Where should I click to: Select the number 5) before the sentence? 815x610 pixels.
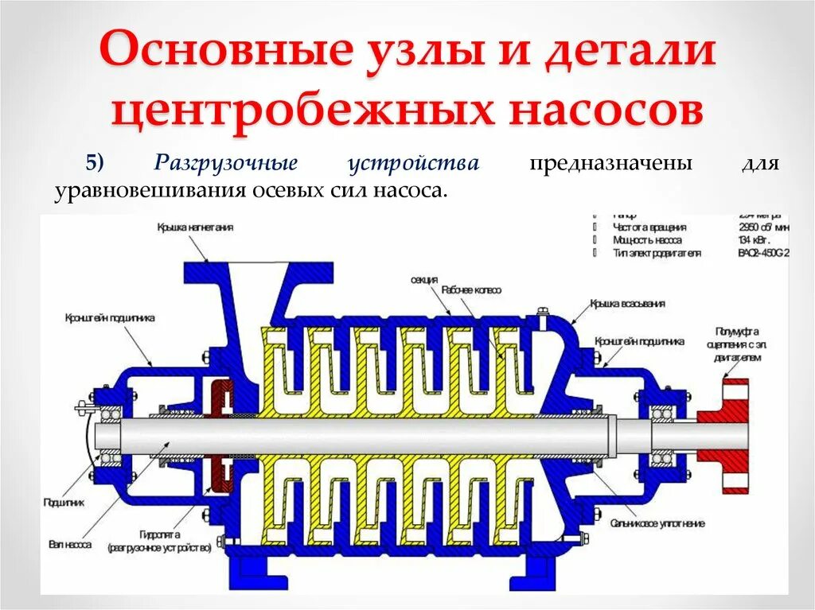tap(96, 164)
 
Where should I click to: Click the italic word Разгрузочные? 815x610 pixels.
tap(226, 164)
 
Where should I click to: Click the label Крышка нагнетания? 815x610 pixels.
tap(195, 227)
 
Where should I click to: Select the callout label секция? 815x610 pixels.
tap(424, 281)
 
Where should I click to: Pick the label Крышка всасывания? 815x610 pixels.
tap(627, 304)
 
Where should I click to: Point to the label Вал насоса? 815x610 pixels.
tap(73, 546)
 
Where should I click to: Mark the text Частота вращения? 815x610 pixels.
tap(649, 227)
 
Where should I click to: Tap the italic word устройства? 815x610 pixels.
tap(413, 164)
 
